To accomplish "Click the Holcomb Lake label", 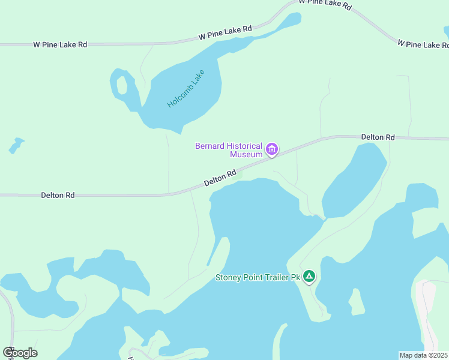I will pyautogui.click(x=186, y=89).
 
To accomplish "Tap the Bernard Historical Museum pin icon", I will pyautogui.click(x=272, y=149).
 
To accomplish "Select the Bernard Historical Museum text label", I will pyautogui.click(x=229, y=150).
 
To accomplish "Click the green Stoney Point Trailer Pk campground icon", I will pyautogui.click(x=309, y=277).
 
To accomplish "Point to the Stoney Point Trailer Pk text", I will pyautogui.click(x=258, y=278).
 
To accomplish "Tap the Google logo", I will pyautogui.click(x=20, y=353).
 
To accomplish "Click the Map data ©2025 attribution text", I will pyautogui.click(x=423, y=355).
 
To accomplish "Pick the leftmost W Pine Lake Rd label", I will pyautogui.click(x=60, y=44).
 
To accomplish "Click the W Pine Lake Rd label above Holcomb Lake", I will pyautogui.click(x=225, y=33).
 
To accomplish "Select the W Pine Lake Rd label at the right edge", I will pyautogui.click(x=423, y=44).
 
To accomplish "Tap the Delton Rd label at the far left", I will pyautogui.click(x=58, y=195).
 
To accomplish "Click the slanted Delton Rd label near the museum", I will pyautogui.click(x=220, y=177).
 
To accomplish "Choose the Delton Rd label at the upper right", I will pyautogui.click(x=378, y=137).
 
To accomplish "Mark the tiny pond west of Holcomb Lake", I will pyautogui.click(x=16, y=145).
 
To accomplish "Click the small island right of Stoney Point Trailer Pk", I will pyautogui.click(x=357, y=302).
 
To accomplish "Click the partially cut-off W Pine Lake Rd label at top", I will pyautogui.click(x=325, y=4).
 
